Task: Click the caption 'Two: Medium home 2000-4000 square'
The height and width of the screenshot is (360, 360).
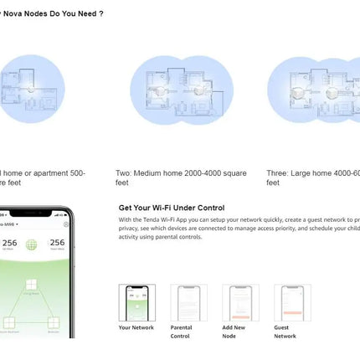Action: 181,173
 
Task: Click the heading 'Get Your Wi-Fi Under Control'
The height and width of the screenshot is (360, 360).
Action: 172,208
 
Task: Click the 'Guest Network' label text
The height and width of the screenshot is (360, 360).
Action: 285,331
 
